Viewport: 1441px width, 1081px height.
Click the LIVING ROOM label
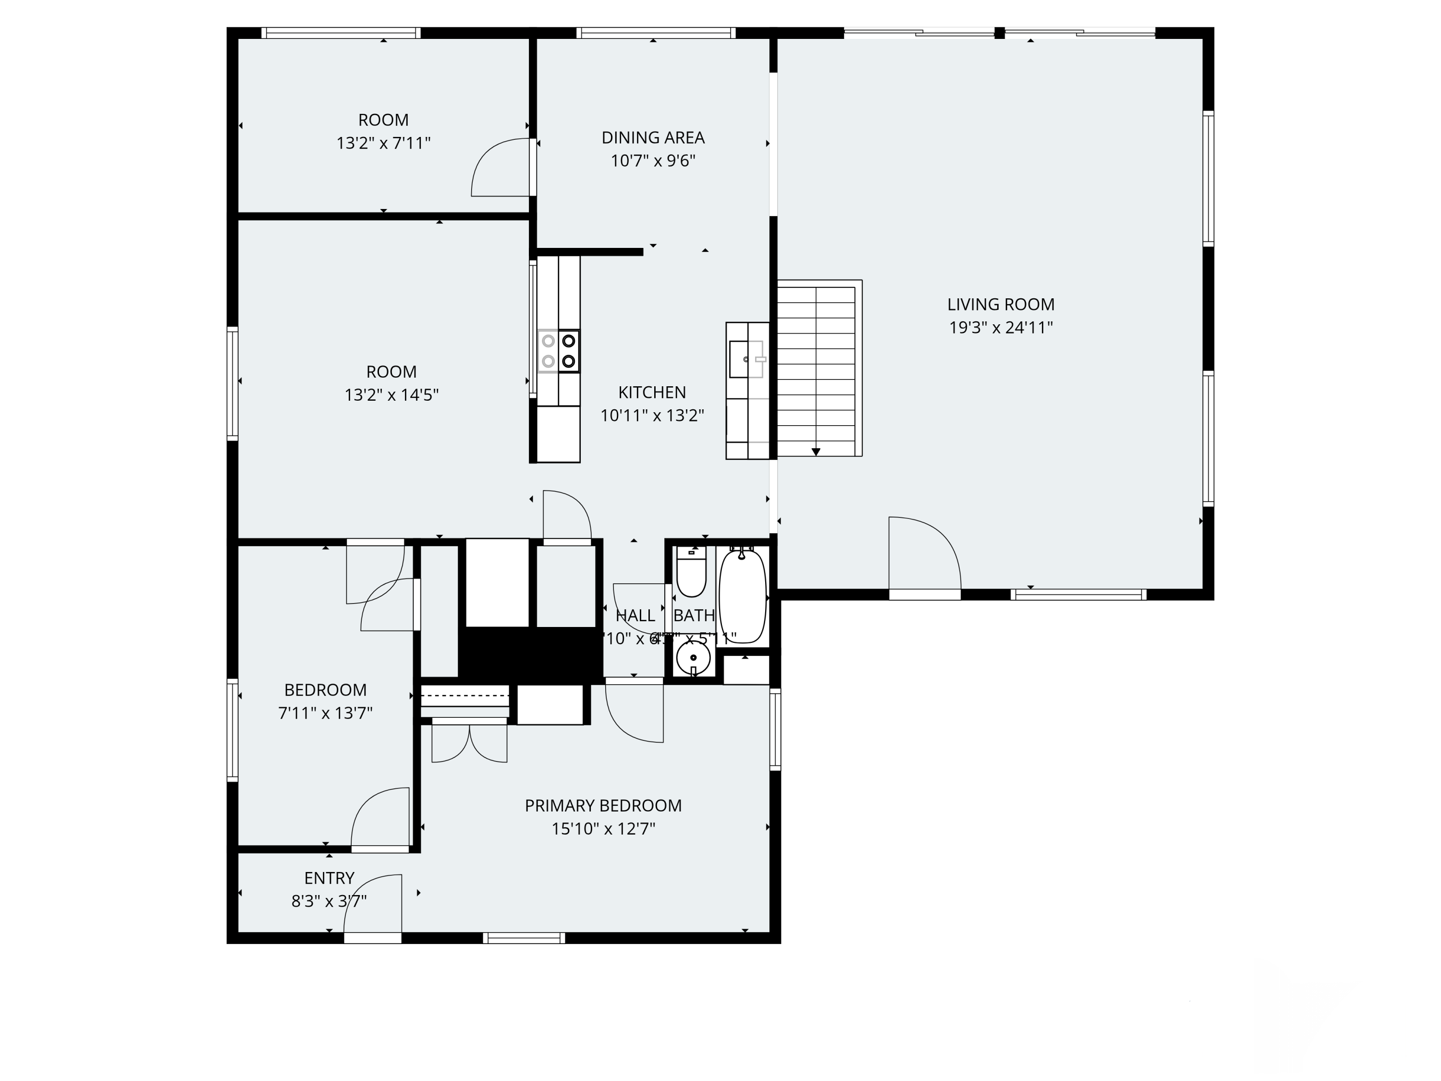click(x=1001, y=304)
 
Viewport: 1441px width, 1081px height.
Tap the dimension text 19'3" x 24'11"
click(x=1001, y=328)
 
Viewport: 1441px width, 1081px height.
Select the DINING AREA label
click(x=653, y=137)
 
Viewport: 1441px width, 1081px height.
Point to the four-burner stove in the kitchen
click(x=558, y=351)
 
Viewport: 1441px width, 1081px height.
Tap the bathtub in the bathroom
click(x=743, y=596)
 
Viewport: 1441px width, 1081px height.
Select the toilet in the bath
click(x=691, y=573)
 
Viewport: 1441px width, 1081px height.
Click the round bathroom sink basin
click(x=693, y=659)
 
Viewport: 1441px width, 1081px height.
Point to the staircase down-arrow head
click(x=816, y=452)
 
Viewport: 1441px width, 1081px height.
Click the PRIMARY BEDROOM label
click(x=603, y=805)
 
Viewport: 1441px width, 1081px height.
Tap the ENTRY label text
click(x=329, y=878)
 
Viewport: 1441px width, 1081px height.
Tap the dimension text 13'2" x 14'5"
click(x=391, y=395)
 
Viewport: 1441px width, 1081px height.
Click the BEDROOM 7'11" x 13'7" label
click(x=325, y=689)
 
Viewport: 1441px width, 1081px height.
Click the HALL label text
click(x=635, y=615)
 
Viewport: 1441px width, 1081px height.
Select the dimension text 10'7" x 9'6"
click(x=653, y=161)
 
